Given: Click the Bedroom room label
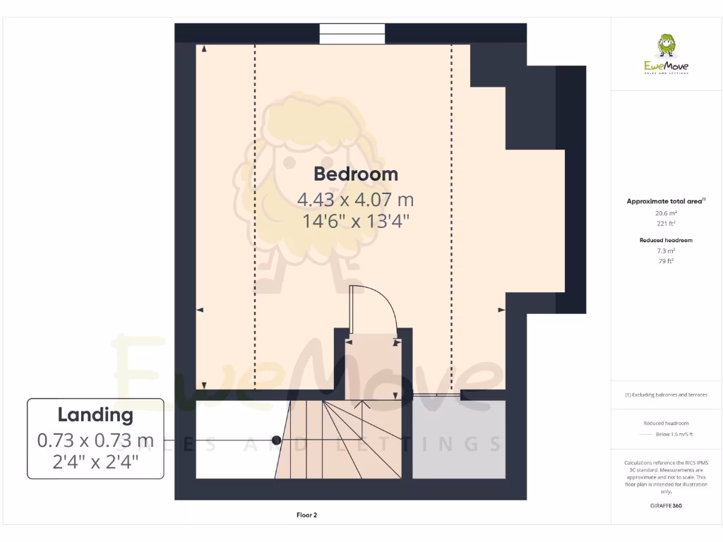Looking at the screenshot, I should [x=356, y=174].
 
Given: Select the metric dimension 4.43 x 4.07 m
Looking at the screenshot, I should [x=355, y=200].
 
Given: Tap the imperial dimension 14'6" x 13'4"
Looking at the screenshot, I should [x=356, y=222].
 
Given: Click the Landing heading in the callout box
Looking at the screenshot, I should [x=95, y=415].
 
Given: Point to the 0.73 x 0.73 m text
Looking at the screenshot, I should [x=95, y=441].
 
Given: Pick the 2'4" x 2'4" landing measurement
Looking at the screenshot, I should [x=95, y=462].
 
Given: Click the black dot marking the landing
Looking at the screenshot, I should [x=277, y=440].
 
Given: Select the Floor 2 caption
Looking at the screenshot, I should [x=306, y=515].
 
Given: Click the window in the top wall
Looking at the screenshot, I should [x=352, y=34].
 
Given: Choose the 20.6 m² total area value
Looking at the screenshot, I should [x=666, y=213].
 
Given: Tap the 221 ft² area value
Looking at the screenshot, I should [x=666, y=224].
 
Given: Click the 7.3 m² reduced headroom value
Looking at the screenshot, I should [x=666, y=251].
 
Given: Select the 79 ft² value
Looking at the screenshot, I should [x=666, y=261].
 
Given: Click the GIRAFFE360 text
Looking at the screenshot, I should [x=666, y=506].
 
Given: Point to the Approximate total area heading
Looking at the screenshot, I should [x=665, y=202].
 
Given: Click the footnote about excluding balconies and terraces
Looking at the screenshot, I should [x=666, y=395].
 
